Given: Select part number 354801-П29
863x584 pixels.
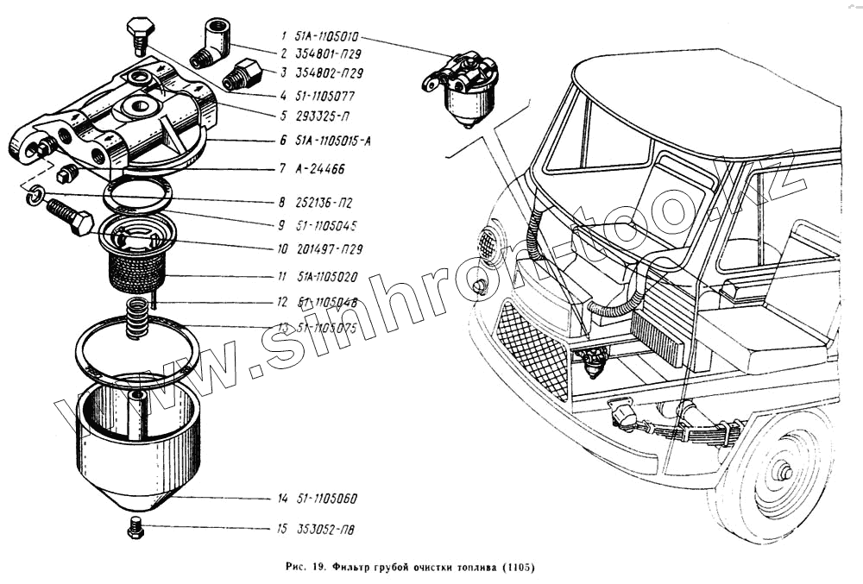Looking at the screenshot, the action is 324,54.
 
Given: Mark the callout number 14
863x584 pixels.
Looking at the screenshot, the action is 282,499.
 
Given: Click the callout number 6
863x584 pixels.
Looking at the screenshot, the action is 282,141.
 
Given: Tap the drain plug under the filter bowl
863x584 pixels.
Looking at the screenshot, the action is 135,527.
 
